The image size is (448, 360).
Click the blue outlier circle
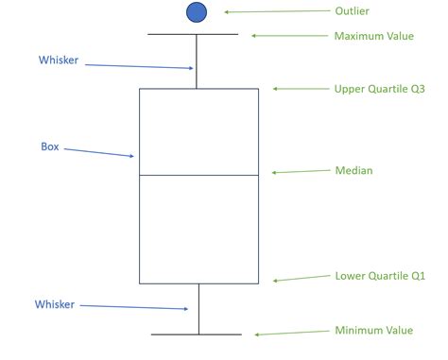(x=196, y=12)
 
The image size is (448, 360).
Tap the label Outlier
(x=352, y=11)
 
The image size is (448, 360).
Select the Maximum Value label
(x=373, y=36)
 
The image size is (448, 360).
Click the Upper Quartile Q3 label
(x=379, y=89)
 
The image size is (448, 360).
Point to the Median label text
(x=353, y=171)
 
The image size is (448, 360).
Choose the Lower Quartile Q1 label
(x=380, y=277)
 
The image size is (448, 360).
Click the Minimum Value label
(x=373, y=330)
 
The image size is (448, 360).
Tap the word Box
(x=50, y=146)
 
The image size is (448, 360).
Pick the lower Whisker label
(x=55, y=304)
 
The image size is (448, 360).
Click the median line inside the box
(x=198, y=175)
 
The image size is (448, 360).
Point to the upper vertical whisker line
(x=196, y=61)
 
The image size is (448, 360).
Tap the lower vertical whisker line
(x=198, y=308)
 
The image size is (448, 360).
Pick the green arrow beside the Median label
(x=297, y=172)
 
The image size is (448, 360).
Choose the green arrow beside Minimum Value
(x=287, y=333)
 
